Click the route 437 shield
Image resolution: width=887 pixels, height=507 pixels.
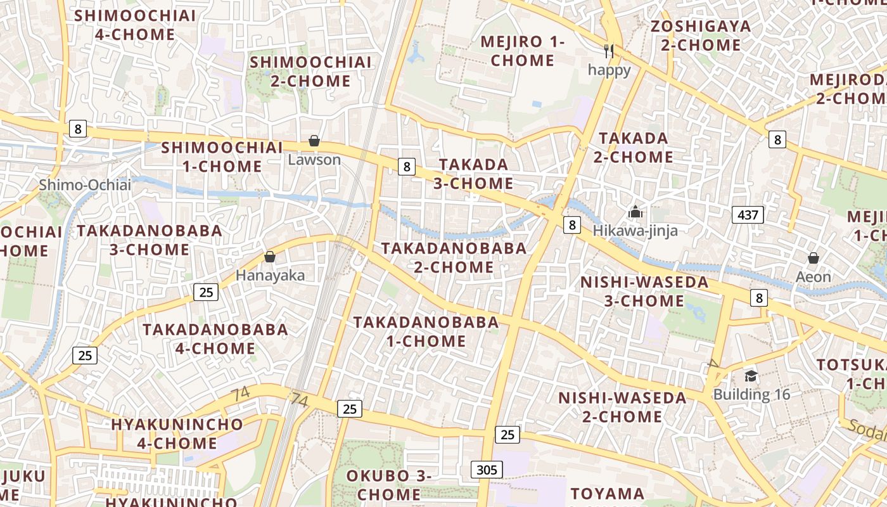[x=748, y=215]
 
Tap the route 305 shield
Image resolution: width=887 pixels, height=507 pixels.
[x=487, y=470]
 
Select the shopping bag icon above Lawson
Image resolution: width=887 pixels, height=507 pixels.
[x=314, y=141]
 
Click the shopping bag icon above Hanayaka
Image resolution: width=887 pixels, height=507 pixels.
[x=270, y=257]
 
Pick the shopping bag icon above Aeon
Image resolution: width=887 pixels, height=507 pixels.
[x=814, y=258]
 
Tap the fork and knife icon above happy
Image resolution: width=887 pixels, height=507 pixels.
[x=609, y=51]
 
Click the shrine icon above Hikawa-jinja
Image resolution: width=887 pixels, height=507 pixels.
[x=635, y=212]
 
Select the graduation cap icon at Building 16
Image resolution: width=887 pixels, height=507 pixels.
[x=751, y=376]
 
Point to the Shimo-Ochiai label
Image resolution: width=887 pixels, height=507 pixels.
[x=85, y=185]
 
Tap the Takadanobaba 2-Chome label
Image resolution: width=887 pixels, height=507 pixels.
[x=454, y=257]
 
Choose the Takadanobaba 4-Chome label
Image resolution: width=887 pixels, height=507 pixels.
[x=215, y=338]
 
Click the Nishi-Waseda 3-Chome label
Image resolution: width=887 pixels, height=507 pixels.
[x=644, y=292]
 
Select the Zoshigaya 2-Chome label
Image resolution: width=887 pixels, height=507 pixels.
[x=701, y=35]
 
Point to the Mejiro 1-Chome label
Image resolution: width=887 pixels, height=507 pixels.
[x=523, y=51]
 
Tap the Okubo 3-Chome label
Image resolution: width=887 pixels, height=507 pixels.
[x=388, y=485]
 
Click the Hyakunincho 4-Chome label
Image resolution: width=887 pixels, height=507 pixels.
[x=177, y=433]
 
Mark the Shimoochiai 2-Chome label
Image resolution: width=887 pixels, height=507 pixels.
[x=310, y=72]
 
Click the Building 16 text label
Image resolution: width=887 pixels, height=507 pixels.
[x=752, y=394]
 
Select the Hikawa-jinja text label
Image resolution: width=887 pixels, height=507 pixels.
[x=635, y=231]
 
